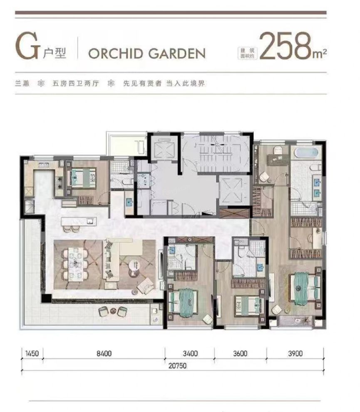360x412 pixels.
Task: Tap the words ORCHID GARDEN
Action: click(x=147, y=54)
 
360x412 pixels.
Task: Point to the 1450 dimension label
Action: click(x=32, y=353)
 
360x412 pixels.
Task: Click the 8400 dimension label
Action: click(x=104, y=353)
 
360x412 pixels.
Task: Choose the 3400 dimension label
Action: click(x=190, y=353)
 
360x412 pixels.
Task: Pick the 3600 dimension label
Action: click(x=240, y=353)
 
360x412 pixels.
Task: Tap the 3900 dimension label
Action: click(x=295, y=353)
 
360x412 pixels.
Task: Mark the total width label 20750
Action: click(x=178, y=366)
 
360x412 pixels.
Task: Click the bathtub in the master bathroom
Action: click(x=306, y=153)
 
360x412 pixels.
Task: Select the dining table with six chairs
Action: click(x=76, y=263)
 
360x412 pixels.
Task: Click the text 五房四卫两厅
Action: click(x=76, y=84)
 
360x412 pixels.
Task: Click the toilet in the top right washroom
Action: click(x=278, y=150)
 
